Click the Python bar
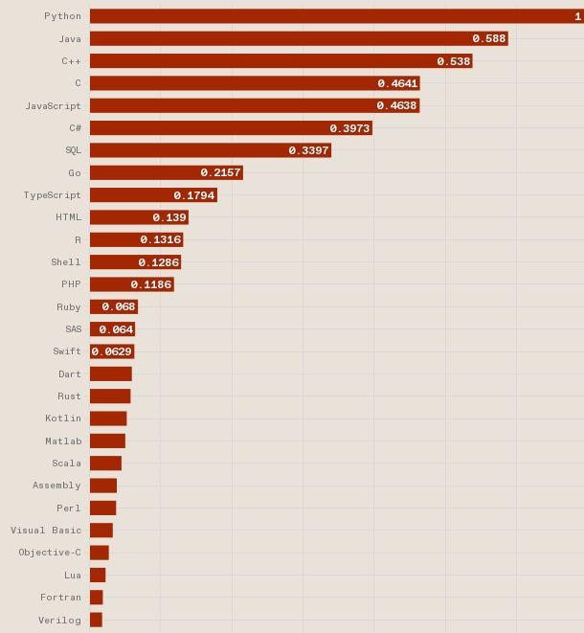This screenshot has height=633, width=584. coord(335,16)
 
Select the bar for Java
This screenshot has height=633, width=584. coord(298,39)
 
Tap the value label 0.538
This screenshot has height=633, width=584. coord(454,61)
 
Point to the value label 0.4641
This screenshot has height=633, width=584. coord(397,83)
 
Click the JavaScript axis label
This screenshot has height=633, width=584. coord(53,106)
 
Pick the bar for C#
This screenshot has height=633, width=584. coord(230,128)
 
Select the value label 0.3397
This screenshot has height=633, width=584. coord(308,150)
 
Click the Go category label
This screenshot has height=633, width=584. coord(75,173)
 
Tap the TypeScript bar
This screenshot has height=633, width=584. coord(153,195)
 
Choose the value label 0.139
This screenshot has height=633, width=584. coord(169,217)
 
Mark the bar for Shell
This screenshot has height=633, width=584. coord(135,262)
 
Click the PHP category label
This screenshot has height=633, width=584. coord(71,284)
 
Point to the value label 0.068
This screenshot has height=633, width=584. coord(119,306)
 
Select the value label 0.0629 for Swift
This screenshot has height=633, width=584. coord(112,351)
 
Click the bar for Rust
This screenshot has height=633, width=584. coord(110,396)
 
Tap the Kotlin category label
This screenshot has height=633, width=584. coord(63,418)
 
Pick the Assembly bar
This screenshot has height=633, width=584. coord(103,486)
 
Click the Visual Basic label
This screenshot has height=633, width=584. coord(46,531)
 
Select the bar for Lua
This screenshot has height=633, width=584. coord(98,576)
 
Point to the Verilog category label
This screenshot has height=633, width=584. coord(59,621)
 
